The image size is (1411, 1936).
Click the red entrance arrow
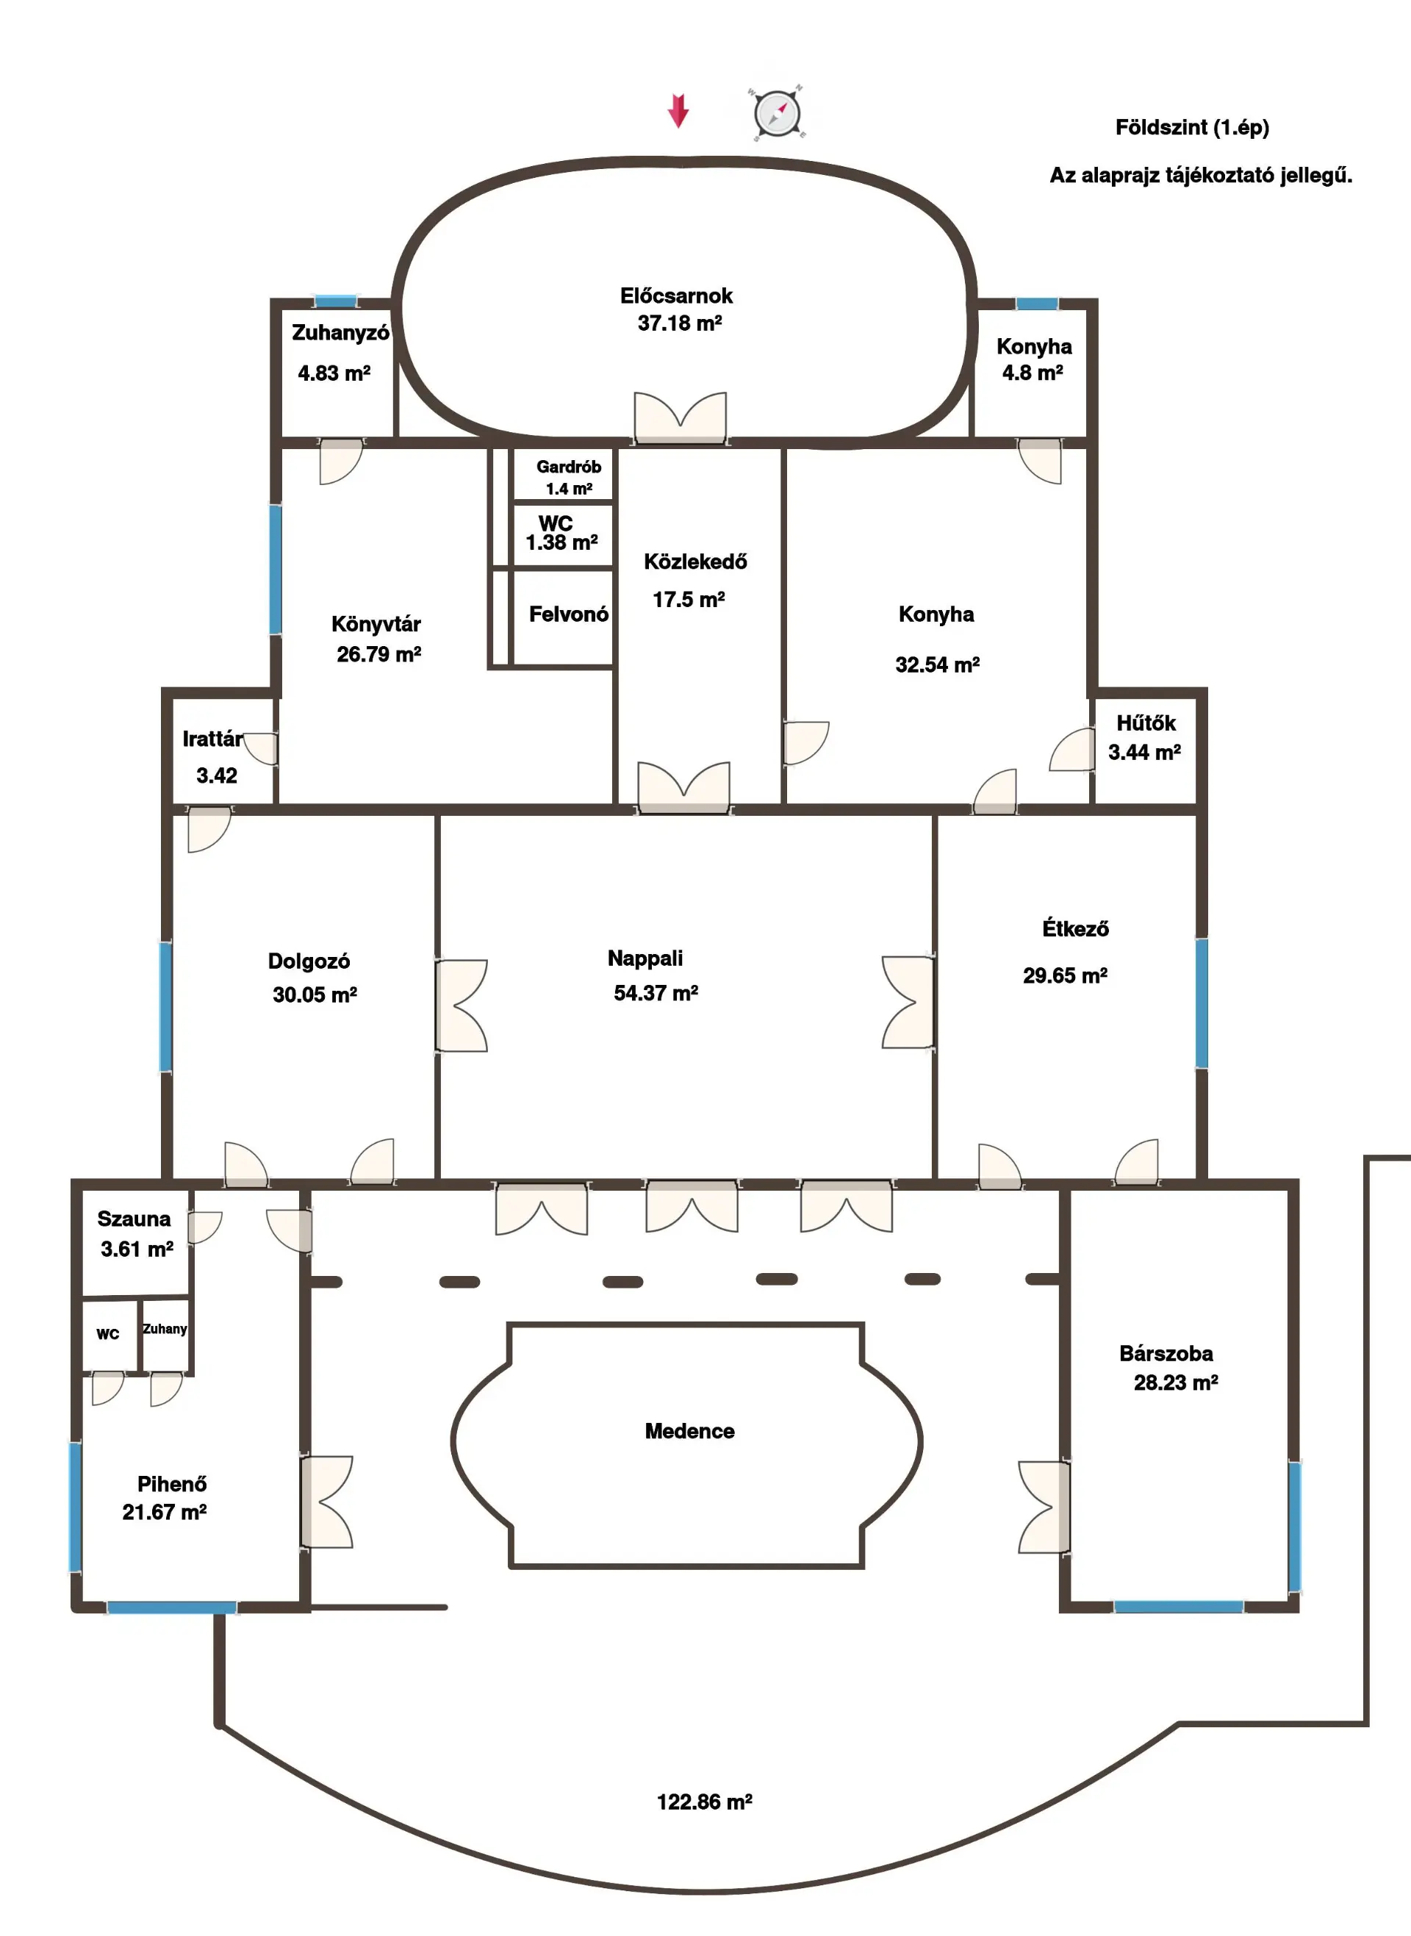678,111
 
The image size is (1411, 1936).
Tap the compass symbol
778,112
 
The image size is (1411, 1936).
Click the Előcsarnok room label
676,295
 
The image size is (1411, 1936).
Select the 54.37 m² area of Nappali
656,992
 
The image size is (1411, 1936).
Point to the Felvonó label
569,614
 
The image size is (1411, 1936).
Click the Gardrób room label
569,466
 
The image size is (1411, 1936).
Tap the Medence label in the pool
689,1430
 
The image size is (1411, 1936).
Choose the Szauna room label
134,1219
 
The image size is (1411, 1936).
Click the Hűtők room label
1146,723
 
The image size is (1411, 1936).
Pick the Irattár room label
212,739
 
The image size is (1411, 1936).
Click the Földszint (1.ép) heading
1192,127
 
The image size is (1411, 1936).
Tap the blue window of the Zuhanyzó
336,301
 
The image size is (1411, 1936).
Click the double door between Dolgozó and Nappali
462,1005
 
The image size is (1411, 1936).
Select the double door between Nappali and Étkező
908,1002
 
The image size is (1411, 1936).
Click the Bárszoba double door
1044,1507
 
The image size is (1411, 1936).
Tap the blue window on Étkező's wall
1202,1003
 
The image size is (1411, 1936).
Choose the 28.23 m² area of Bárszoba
1176,1383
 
